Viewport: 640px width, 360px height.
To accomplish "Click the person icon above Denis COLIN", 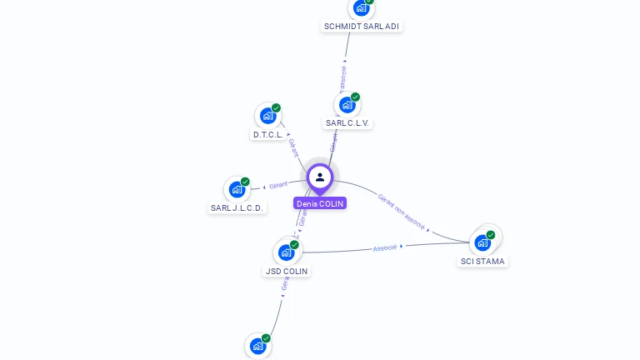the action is point(320,177).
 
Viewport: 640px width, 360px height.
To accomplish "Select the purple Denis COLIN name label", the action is point(320,203).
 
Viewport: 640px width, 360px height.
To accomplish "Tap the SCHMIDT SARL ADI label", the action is point(362,27).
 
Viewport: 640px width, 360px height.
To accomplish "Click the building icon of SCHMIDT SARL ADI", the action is point(361,7).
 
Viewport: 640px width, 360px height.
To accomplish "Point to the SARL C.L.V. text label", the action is point(347,123).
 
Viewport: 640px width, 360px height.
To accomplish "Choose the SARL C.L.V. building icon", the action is point(347,105).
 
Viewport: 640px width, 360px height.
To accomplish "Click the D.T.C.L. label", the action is point(268,135).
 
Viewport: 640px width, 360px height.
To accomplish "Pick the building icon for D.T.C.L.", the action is point(267,116).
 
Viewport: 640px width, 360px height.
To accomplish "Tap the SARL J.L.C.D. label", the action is point(237,208).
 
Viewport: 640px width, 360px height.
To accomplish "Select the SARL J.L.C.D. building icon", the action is point(237,189).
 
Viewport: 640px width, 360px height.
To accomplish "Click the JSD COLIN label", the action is point(287,272).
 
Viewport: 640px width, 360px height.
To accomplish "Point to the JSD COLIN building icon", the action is point(286,252).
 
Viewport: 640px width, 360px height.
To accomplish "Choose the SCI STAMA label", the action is point(482,262).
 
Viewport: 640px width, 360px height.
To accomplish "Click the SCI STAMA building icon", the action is point(482,242).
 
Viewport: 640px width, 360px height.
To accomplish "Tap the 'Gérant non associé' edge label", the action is point(402,212).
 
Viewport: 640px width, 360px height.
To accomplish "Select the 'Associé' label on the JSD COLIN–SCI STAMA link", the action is point(385,247).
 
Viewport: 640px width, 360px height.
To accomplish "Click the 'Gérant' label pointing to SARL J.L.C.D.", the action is point(278,185).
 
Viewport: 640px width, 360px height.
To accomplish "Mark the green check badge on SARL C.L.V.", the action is point(356,97).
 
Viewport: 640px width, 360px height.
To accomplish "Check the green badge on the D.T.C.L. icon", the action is point(277,107).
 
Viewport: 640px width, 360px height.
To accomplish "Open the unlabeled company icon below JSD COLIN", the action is point(257,346).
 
